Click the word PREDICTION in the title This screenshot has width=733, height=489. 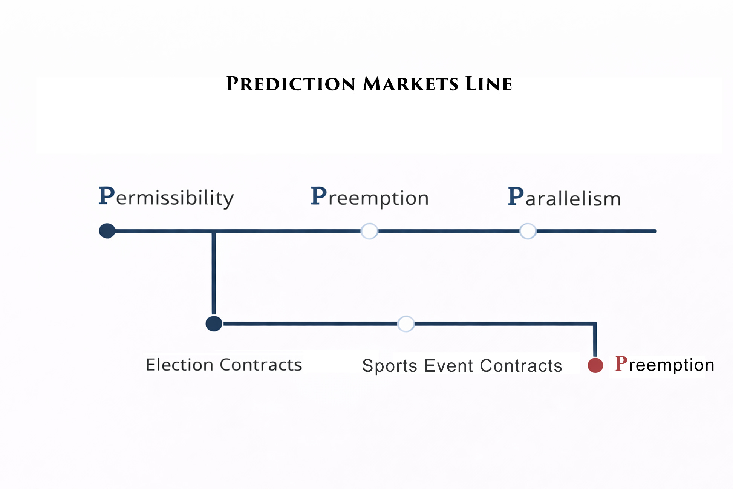(291, 84)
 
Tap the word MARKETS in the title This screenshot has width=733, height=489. (410, 84)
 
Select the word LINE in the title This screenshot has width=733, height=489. (488, 84)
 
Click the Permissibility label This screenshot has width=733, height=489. (166, 197)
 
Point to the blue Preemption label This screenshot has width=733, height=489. (370, 197)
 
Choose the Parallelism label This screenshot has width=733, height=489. (564, 197)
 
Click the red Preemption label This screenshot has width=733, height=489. (664, 365)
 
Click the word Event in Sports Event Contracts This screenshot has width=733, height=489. (448, 366)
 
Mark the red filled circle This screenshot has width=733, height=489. (595, 365)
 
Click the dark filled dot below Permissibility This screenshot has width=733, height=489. (107, 231)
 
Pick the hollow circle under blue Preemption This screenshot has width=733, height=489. (369, 231)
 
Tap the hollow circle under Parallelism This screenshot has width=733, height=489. (528, 231)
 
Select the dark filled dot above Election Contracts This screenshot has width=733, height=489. (214, 323)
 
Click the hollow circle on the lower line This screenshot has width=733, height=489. (406, 324)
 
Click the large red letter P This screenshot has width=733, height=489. (621, 364)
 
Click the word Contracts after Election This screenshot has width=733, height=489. (261, 365)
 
